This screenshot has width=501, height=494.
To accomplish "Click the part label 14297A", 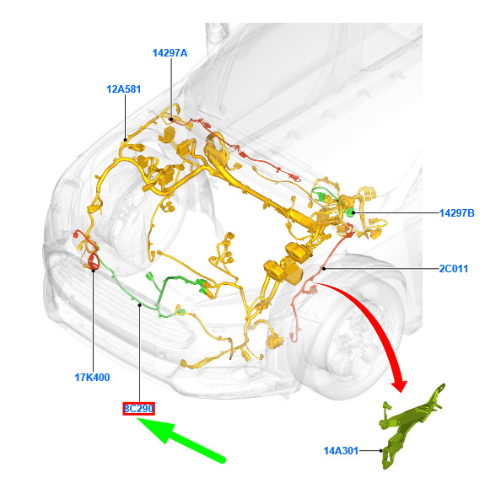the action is tap(170, 53).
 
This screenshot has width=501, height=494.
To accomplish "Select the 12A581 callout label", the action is tap(124, 89).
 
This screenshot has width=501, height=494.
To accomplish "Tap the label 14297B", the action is tap(456, 213).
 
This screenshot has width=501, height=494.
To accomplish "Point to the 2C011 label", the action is tap(454, 269).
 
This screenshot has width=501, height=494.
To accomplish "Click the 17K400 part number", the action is tap(92, 378).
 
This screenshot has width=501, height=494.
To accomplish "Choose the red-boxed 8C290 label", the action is tap(138, 409).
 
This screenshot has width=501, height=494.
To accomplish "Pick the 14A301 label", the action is tap(341, 451).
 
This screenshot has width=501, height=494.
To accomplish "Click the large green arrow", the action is tap(181, 440).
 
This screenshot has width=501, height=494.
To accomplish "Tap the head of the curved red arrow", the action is tap(399, 385).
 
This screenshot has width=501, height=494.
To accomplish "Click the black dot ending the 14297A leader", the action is tap(171, 120).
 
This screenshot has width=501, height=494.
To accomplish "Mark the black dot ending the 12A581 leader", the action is tap(125, 140).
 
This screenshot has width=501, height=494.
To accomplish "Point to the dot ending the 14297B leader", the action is tap(353, 212).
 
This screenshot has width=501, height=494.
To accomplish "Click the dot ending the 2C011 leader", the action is tap(324, 269).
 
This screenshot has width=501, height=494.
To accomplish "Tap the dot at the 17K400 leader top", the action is tap(94, 271).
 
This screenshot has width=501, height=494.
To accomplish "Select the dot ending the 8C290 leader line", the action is tap(140, 305).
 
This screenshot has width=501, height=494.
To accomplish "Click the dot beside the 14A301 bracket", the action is tap(381, 451).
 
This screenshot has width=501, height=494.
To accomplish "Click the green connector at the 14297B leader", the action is tap(349, 212).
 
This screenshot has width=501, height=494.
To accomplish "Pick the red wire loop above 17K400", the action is tap(93, 261).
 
